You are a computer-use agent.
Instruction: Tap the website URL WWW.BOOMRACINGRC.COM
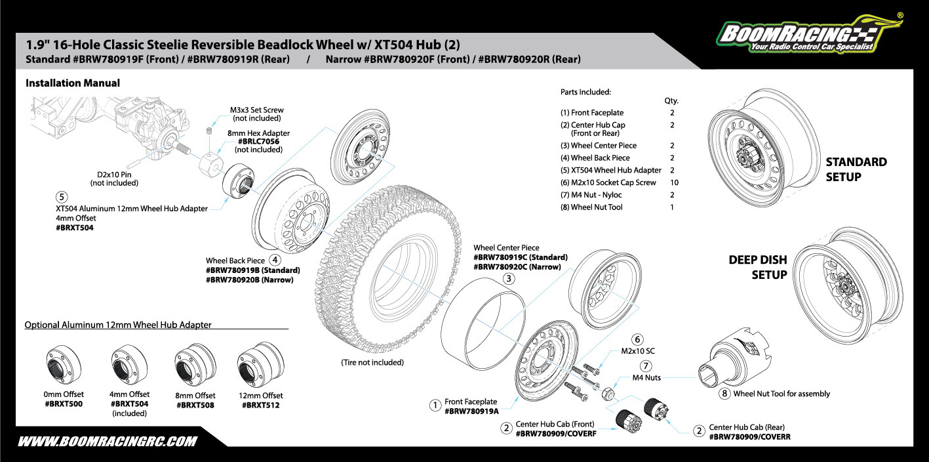click(107, 442)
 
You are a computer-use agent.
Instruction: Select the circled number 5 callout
click(62, 196)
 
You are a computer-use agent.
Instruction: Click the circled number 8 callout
click(724, 394)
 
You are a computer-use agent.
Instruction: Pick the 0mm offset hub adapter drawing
click(64, 364)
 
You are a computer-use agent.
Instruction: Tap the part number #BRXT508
click(196, 405)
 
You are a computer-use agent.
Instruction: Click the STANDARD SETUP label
click(856, 169)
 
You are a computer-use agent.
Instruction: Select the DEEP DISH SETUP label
click(757, 267)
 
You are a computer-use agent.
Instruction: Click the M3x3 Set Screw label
click(256, 110)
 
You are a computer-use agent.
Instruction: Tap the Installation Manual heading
click(73, 83)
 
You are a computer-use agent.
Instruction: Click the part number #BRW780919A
click(471, 411)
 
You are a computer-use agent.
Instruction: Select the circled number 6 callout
click(637, 339)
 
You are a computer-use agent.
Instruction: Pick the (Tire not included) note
click(372, 362)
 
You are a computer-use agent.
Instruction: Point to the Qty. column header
click(671, 101)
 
